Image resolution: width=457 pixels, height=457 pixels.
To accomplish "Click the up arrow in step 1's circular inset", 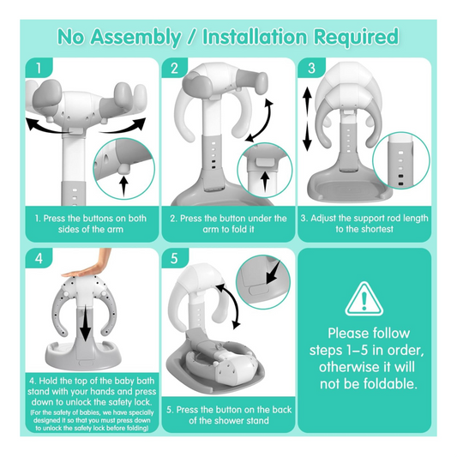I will click(x=123, y=182).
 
